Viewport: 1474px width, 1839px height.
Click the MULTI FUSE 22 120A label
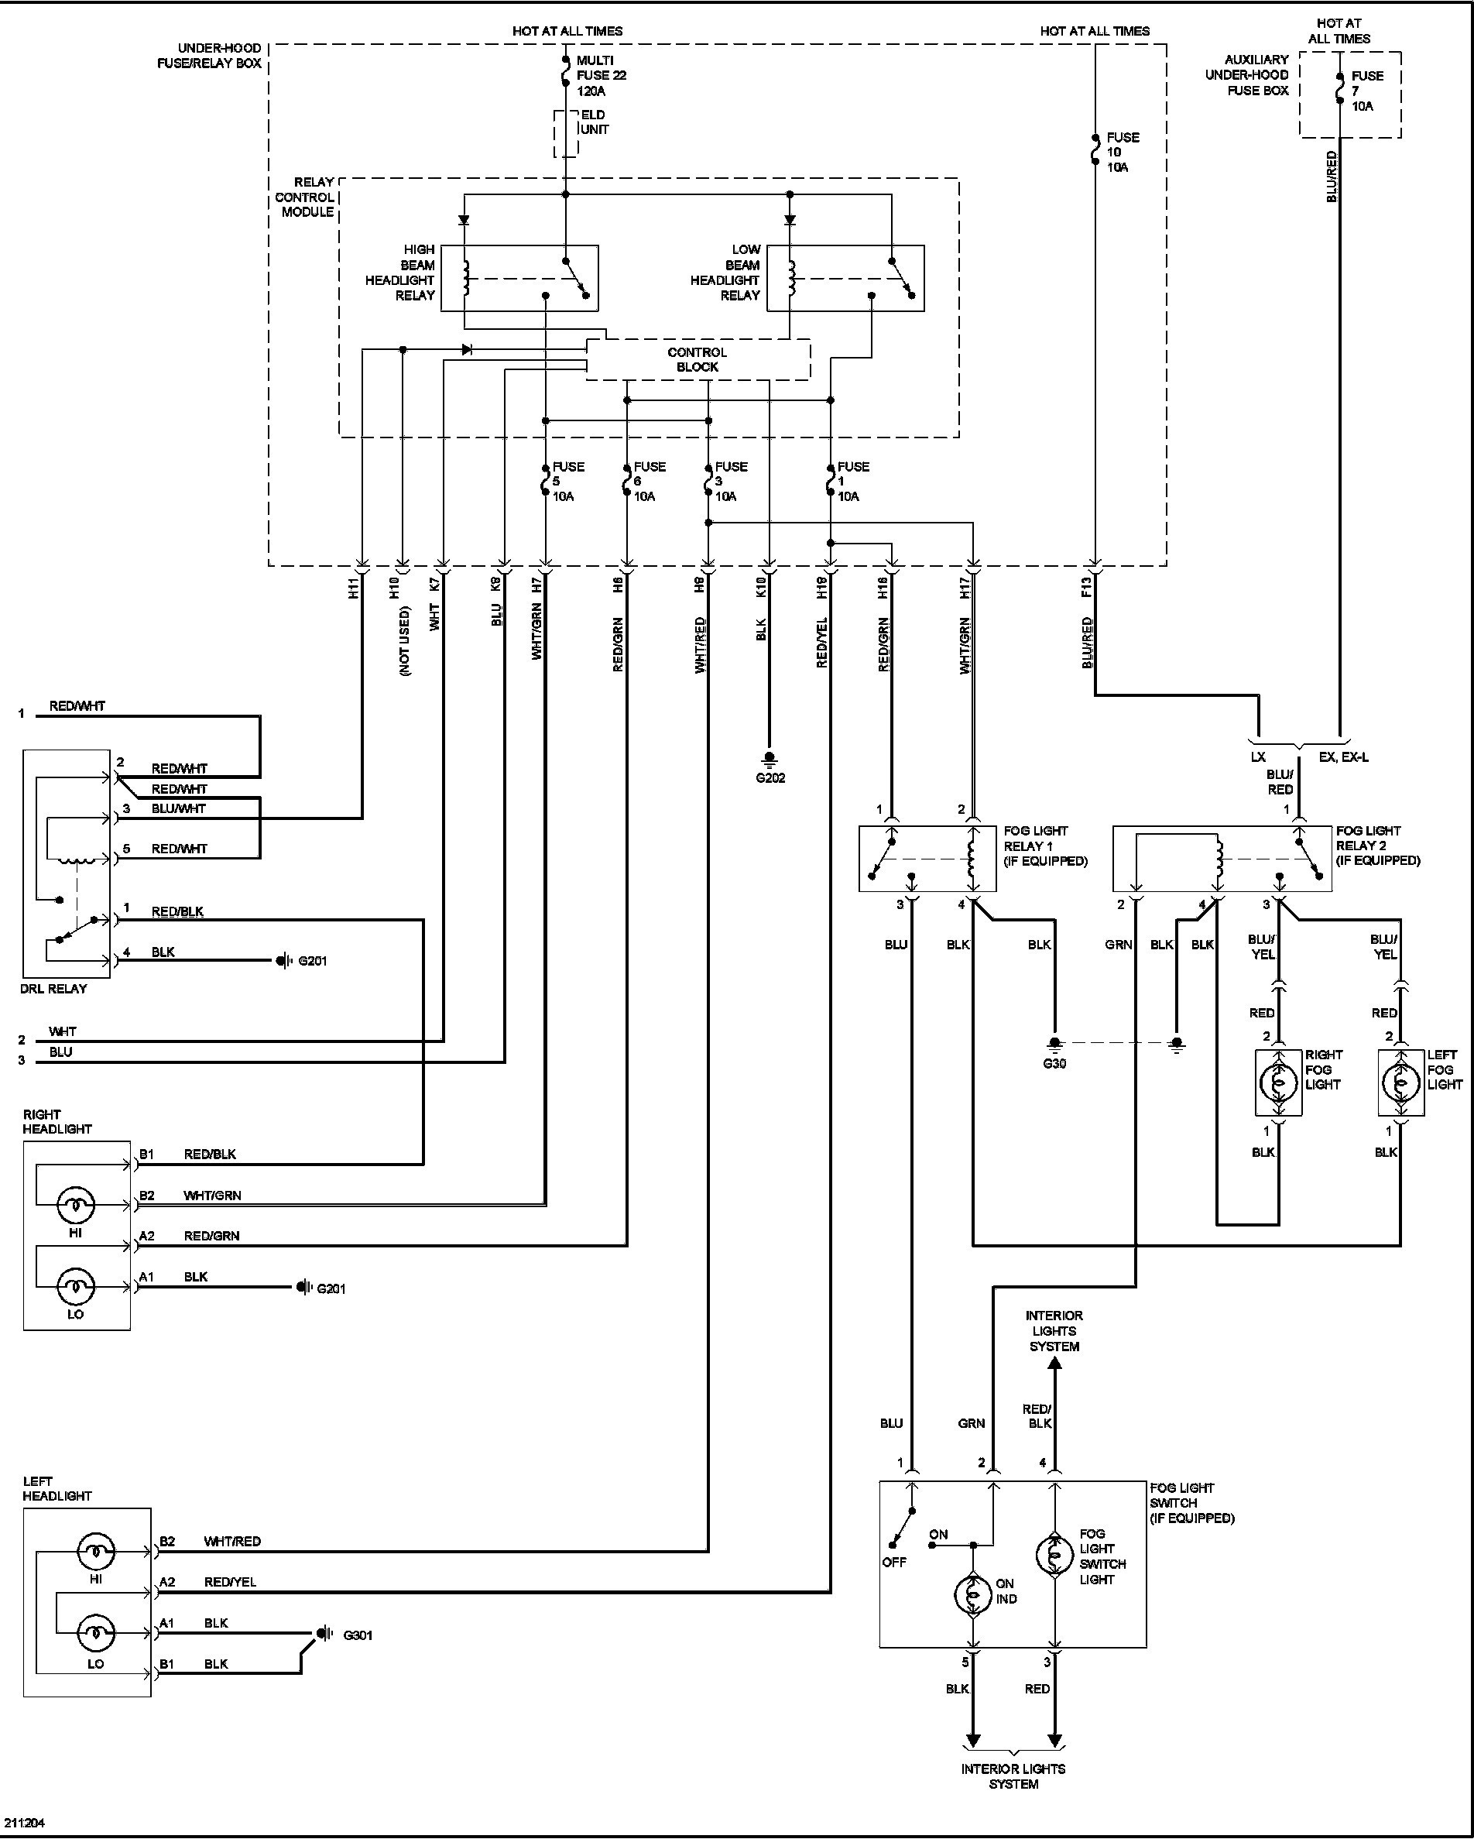pos(601,75)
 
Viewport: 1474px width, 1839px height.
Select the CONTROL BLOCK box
pos(697,360)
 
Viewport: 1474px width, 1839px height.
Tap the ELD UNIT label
pos(594,122)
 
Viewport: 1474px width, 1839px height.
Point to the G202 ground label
pos(770,778)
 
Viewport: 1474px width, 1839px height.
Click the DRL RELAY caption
pos(53,989)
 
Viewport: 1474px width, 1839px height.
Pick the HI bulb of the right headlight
pos(76,1204)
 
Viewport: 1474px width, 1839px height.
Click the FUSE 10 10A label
pos(1122,152)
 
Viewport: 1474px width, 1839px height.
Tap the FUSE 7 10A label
pos(1366,91)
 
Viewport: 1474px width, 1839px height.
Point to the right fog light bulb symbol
pos(1278,1082)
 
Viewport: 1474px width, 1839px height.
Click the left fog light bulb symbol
pos(1400,1082)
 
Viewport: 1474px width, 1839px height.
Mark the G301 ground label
pos(358,1635)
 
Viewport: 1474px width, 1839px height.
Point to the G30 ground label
pos(1054,1064)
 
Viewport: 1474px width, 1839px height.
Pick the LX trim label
pos(1258,757)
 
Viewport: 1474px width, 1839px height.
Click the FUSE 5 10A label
pos(567,481)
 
